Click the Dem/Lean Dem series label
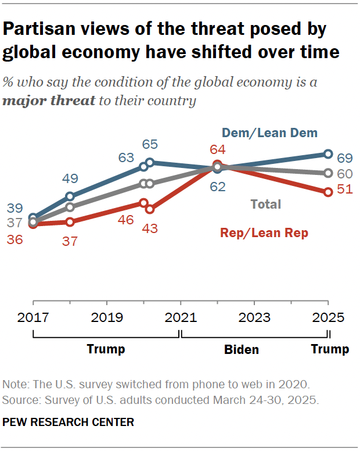point(269,133)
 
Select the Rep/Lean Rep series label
point(264,233)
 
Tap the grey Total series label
point(265,204)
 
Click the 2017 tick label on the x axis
point(33,317)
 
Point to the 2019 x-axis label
point(107,317)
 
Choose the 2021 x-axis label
point(181,317)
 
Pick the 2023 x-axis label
point(254,317)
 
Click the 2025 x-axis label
point(328,317)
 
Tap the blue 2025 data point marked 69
point(327,154)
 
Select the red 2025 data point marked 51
point(327,191)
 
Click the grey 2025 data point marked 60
point(327,173)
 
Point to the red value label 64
point(217,149)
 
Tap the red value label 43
point(150,228)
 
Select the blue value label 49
point(70,179)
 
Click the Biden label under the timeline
point(242,349)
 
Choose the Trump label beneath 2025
point(330,349)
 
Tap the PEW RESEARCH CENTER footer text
point(69,422)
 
